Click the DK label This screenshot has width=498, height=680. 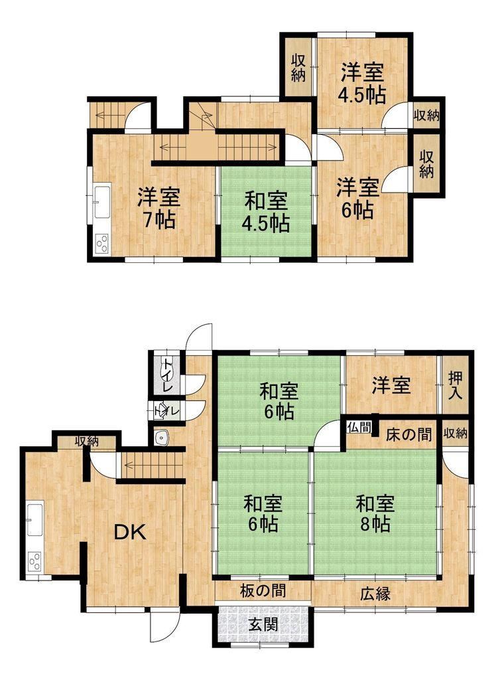click(x=130, y=532)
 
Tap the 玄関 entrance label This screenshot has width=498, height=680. click(x=263, y=625)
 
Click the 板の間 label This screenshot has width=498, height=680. click(x=263, y=590)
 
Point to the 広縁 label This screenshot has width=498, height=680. click(x=375, y=594)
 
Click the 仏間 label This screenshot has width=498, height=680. click(x=359, y=427)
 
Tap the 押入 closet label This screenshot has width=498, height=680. click(x=455, y=385)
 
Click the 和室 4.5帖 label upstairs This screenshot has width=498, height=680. click(x=266, y=212)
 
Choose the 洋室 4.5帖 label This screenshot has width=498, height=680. click(x=363, y=83)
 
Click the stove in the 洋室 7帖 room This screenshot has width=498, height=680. click(x=103, y=243)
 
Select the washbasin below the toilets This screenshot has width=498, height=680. click(x=162, y=437)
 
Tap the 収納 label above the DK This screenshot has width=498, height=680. click(x=87, y=442)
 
